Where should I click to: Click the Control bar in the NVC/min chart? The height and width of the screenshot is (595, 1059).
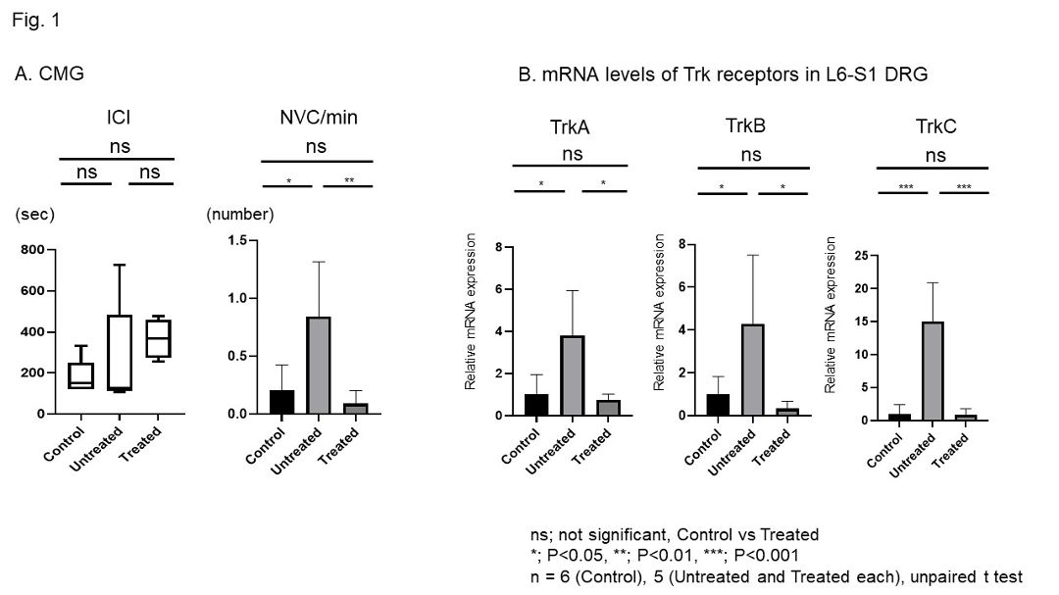tap(282, 402)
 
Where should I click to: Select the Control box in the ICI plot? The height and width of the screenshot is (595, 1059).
tap(80, 375)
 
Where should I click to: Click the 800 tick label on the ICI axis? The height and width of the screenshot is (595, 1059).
tap(31, 250)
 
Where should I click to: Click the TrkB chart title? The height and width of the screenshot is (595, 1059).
tap(746, 125)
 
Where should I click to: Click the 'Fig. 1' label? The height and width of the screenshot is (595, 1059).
tap(36, 19)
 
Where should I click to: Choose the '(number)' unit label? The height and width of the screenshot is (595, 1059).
tap(240, 214)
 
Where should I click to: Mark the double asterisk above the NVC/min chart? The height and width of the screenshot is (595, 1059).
tap(349, 180)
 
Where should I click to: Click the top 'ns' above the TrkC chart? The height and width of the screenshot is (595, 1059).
tap(934, 154)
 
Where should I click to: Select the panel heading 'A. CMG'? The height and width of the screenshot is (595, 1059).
tap(50, 73)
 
